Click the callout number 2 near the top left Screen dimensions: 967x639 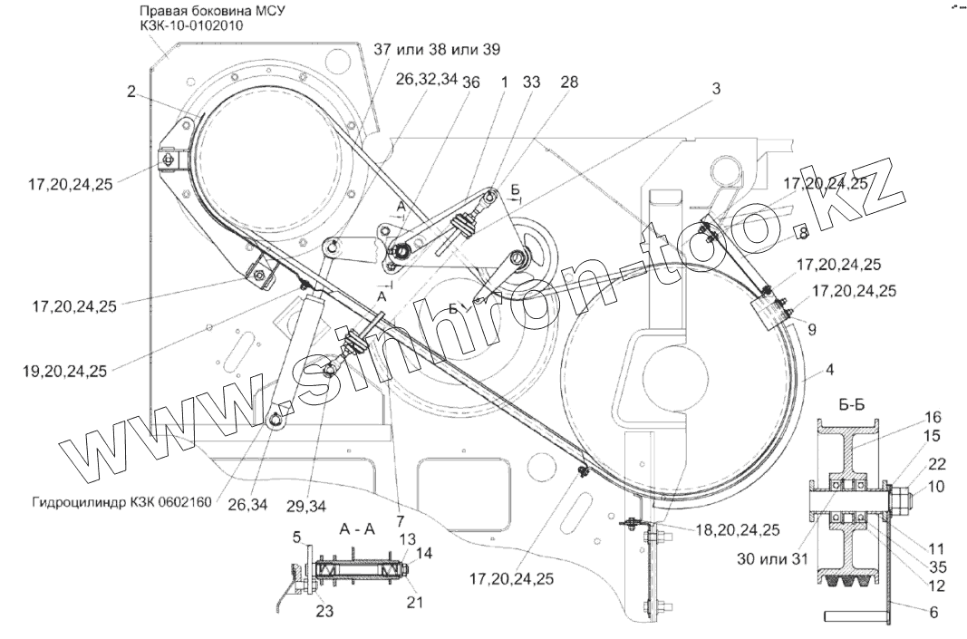point(131,92)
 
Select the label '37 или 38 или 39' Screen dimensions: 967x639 point(438,48)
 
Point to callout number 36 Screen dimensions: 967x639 point(470,82)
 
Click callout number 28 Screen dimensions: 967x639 point(568,82)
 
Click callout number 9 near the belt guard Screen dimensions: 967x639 point(812,330)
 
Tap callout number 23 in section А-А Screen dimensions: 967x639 point(324,612)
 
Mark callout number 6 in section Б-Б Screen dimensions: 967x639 point(933,613)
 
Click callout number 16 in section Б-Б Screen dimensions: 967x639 point(933,417)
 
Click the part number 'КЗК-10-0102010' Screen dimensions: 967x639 point(192,26)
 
